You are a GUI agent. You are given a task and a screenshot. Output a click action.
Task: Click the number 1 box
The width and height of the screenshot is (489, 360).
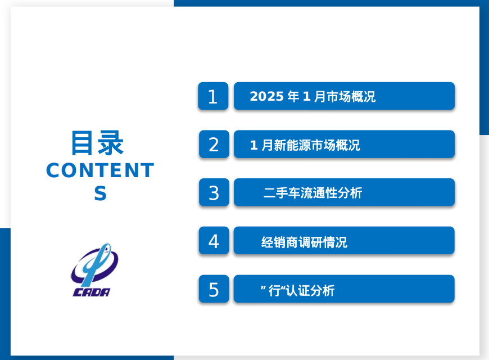click(x=213, y=96)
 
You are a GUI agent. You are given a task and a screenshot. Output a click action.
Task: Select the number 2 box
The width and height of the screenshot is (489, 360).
click(x=214, y=144)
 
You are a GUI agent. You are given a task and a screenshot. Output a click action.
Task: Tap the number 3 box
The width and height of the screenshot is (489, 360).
click(x=214, y=192)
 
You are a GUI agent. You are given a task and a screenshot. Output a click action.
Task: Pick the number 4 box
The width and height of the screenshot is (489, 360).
click(x=214, y=240)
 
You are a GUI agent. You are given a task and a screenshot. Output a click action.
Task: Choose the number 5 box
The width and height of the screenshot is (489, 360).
click(x=214, y=289)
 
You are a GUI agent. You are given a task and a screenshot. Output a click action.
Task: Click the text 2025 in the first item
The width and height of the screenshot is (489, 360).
click(x=266, y=97)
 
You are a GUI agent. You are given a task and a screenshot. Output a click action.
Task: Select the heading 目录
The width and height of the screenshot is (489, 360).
click(x=98, y=143)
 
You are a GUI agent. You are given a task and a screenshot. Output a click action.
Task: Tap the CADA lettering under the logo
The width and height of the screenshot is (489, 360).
click(x=91, y=292)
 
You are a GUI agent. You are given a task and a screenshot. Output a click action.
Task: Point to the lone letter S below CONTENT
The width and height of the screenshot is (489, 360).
click(x=101, y=193)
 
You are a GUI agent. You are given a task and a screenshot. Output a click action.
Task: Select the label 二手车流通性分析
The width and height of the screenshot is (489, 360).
click(x=313, y=192)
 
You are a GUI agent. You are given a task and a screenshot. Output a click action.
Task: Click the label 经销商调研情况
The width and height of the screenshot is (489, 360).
click(x=305, y=242)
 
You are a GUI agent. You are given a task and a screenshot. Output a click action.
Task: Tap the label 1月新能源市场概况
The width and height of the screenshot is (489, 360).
click(x=305, y=145)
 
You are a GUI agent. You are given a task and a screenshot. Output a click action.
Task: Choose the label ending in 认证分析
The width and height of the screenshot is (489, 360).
click(x=298, y=291)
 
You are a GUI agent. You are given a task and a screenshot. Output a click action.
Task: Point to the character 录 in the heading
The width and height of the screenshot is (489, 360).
click(x=111, y=143)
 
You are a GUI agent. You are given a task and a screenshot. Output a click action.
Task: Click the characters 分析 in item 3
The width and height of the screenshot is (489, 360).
click(x=350, y=192)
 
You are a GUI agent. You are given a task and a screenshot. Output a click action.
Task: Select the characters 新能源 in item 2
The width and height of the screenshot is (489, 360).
click(x=292, y=145)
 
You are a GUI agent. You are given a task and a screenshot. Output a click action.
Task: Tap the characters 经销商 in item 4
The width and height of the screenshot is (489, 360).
click(x=280, y=242)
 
